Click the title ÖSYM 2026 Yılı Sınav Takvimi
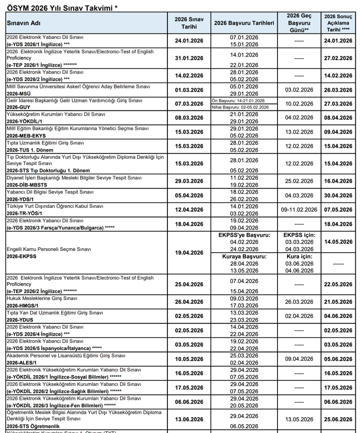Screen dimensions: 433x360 (61, 6)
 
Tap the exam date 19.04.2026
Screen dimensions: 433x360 (189, 253)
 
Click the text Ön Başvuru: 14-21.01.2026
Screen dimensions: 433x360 (238, 101)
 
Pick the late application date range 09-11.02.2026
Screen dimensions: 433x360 (299, 209)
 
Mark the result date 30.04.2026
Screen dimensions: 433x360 (339, 195)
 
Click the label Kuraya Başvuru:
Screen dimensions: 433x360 (244, 257)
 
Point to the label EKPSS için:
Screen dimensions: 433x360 (299, 235)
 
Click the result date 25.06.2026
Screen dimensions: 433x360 (339, 419)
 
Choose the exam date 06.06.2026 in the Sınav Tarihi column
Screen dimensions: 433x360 (189, 402)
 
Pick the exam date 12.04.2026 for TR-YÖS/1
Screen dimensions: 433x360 (189, 209)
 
